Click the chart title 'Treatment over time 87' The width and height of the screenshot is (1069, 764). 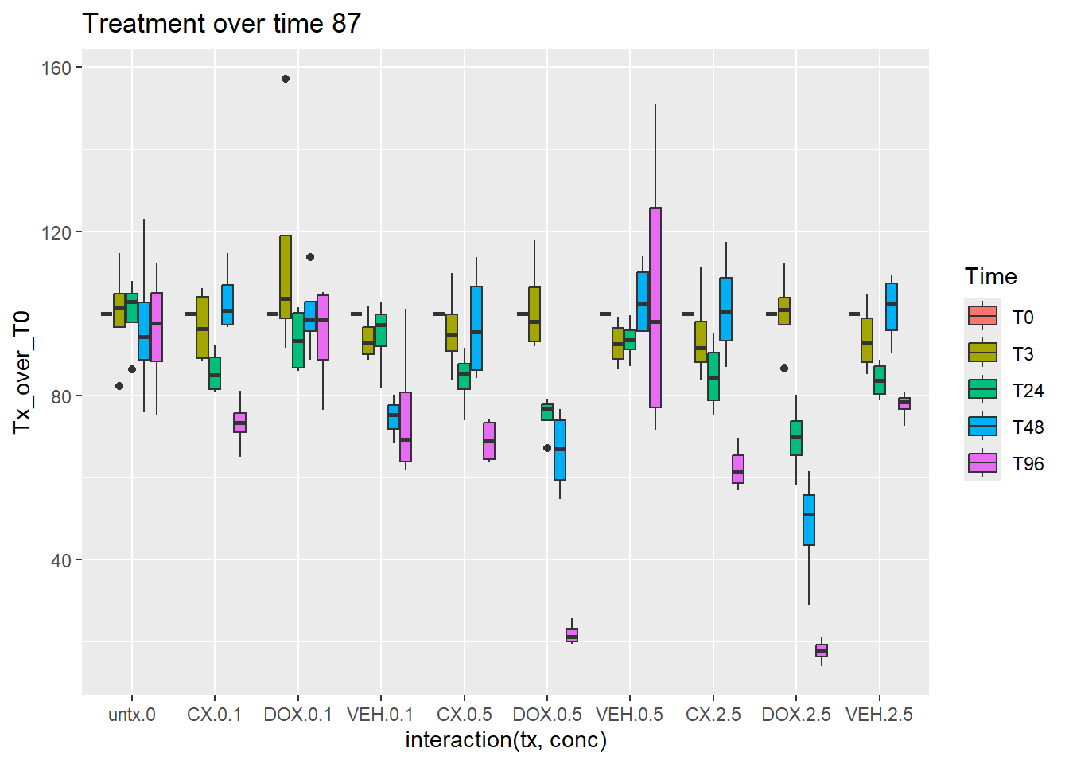[221, 24]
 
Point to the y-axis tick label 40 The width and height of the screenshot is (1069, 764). [61, 561]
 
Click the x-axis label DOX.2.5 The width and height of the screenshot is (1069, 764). [795, 715]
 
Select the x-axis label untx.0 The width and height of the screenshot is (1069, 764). [132, 715]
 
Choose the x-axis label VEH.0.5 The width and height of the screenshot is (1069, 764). [629, 715]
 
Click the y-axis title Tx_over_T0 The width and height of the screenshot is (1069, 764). [21, 372]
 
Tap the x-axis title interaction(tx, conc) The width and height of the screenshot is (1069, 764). [506, 740]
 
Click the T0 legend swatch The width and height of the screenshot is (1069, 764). [982, 317]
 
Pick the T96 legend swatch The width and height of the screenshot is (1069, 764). [982, 463]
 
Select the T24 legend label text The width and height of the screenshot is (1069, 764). [1028, 391]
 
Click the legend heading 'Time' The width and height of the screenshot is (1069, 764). [990, 277]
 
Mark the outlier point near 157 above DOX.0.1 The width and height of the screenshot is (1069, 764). [286, 79]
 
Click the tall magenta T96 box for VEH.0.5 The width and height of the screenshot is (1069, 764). [655, 307]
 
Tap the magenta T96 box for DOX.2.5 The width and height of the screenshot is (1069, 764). [822, 651]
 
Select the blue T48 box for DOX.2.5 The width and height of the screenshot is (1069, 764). [809, 520]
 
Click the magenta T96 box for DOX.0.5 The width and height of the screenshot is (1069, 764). [572, 635]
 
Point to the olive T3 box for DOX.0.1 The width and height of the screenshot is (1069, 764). [286, 277]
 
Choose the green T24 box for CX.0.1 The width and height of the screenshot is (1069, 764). [215, 373]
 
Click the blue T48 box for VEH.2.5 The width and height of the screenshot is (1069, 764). [892, 306]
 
